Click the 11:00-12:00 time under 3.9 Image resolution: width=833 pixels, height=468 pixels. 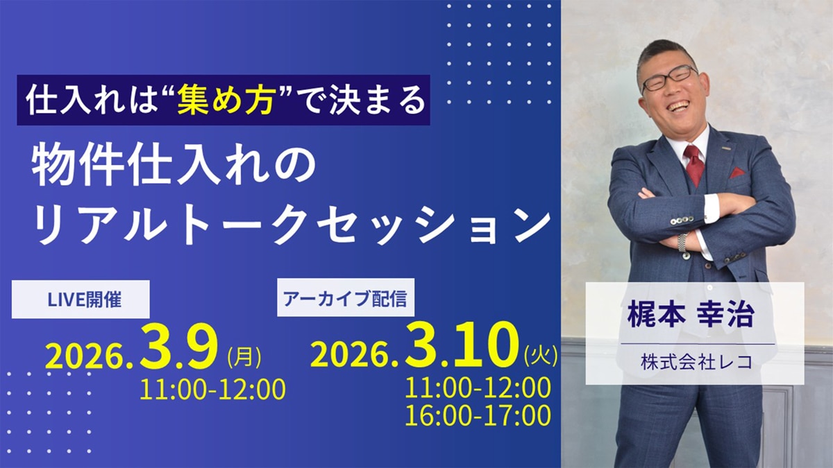(212, 390)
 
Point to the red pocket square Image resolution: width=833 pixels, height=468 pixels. (737, 173)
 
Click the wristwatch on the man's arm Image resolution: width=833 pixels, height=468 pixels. (684, 243)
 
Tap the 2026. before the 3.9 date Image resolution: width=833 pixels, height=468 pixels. (90, 357)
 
